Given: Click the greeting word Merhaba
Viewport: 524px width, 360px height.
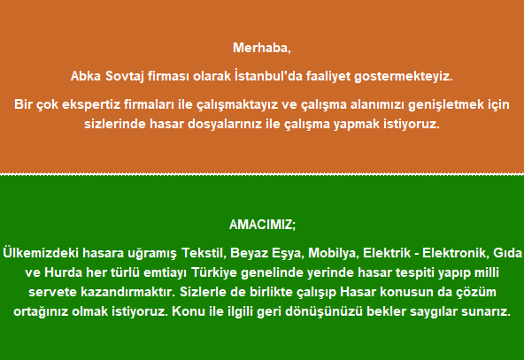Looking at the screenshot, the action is tap(260, 48).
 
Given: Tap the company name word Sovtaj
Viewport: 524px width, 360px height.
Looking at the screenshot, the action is tap(125, 76).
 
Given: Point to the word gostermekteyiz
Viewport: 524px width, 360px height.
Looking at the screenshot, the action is tap(404, 76).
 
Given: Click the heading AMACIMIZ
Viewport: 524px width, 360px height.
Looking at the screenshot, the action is tap(261, 225).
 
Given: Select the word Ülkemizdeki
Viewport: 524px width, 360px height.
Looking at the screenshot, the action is tap(41, 253).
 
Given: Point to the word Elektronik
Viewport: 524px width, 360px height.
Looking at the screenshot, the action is tap(454, 253).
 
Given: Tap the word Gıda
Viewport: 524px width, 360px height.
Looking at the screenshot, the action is tap(507, 253).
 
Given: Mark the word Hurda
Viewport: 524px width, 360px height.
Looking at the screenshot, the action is tap(63, 272).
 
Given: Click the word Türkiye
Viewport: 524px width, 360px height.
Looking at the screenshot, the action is tap(214, 272).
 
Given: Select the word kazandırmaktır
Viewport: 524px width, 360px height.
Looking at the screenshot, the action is tap(128, 292).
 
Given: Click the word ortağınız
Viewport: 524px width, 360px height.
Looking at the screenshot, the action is tap(41, 311).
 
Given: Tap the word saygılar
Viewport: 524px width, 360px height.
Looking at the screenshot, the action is tap(434, 311).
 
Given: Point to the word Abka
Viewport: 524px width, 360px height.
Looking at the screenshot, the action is tap(86, 76).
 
